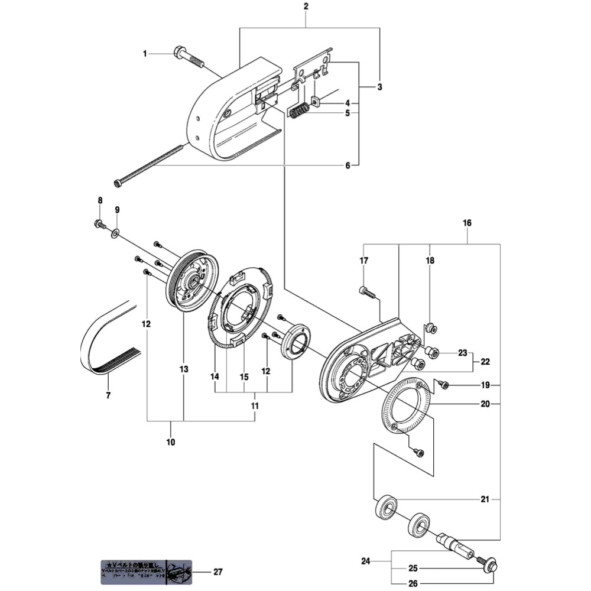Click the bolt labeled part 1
pos(188,57)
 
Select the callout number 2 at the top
pos(306,7)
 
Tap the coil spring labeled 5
pos(299,111)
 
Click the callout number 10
pos(171,441)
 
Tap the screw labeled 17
pos(366,291)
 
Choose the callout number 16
pos(467,223)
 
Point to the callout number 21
pos(485,499)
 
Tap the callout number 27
pos(218,571)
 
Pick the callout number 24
pos(365,560)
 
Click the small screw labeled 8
pos(99,224)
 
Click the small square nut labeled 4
pos(316,101)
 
